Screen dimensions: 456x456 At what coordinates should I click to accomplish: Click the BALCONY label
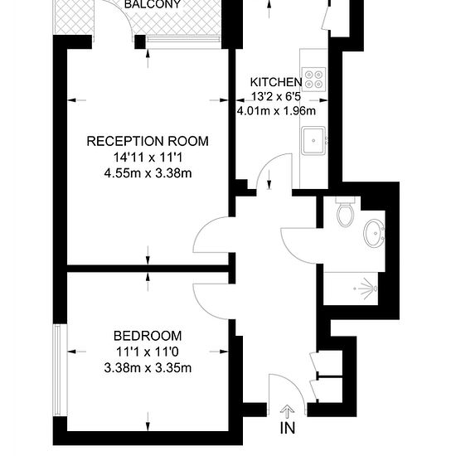click(153, 4)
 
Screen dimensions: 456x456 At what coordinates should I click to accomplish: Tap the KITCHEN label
click(276, 82)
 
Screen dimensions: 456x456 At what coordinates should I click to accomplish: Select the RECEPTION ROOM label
click(148, 141)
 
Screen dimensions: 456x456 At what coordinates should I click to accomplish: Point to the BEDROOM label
click(148, 336)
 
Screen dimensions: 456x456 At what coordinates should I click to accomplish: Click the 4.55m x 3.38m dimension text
click(148, 173)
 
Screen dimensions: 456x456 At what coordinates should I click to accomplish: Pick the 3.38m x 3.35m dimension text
click(148, 368)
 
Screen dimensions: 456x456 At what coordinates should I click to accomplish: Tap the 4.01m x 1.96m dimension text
click(276, 111)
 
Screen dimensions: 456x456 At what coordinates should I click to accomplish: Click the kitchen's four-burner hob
click(313, 80)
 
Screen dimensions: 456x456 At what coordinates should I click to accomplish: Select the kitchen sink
click(313, 140)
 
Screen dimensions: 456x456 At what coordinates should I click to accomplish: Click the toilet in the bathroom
click(346, 211)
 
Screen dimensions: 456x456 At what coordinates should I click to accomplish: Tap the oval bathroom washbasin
click(374, 233)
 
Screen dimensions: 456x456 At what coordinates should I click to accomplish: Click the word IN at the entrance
click(288, 428)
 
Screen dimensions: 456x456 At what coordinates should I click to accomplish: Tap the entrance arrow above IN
click(288, 411)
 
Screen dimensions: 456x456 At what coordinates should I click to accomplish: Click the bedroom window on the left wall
click(57, 371)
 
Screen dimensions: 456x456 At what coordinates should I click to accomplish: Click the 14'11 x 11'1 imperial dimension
click(148, 158)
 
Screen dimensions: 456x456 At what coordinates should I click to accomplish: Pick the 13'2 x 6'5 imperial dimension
click(276, 96)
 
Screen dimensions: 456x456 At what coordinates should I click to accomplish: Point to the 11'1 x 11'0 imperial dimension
click(148, 352)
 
